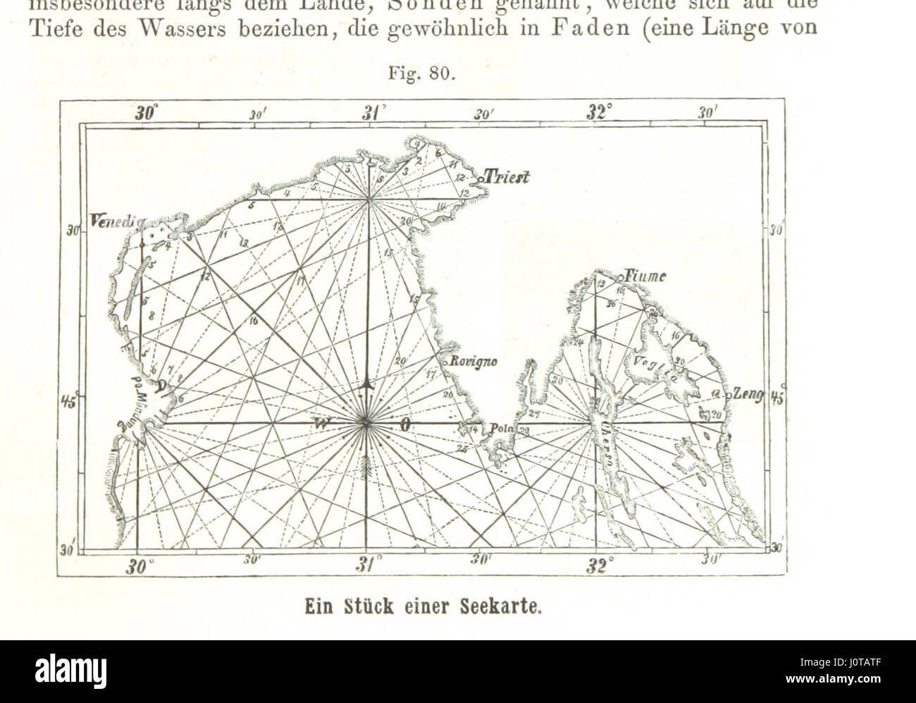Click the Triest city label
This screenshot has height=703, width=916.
506,178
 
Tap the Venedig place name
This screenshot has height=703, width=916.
116,221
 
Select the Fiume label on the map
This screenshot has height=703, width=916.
644,277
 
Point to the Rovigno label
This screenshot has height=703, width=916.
474,362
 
